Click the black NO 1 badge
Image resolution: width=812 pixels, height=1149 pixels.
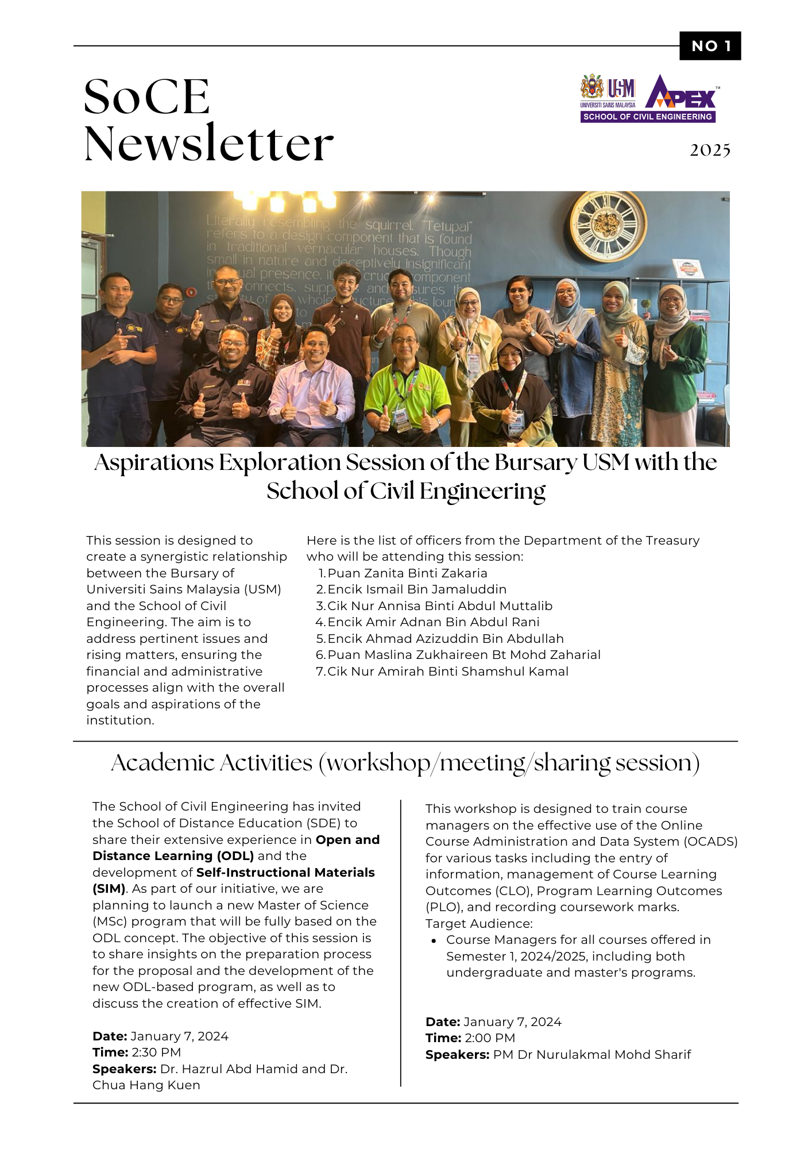(710, 46)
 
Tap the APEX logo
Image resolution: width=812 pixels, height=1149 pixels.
(681, 93)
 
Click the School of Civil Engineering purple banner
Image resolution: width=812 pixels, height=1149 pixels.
(647, 117)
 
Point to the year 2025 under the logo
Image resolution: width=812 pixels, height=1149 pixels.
(710, 151)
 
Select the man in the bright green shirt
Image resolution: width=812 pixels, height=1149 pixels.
(407, 385)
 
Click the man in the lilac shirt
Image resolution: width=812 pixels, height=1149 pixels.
(310, 385)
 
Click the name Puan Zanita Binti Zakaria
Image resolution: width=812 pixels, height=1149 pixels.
(407, 573)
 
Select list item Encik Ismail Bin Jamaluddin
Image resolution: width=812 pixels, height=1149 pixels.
(416, 589)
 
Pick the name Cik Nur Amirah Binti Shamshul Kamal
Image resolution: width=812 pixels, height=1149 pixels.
(447, 672)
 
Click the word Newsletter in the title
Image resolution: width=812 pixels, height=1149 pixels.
(209, 144)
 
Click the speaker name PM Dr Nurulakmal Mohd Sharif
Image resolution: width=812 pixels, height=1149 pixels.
(591, 1055)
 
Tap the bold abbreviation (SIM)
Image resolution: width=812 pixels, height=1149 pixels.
(109, 889)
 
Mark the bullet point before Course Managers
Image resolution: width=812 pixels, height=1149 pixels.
(434, 940)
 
